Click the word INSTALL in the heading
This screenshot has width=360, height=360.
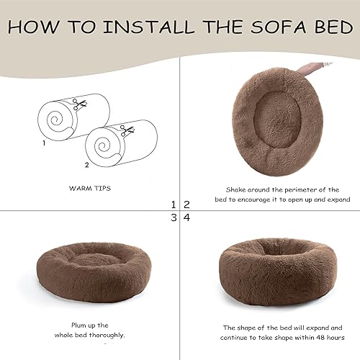coord(148,27)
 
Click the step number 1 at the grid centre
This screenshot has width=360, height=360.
coord(174,204)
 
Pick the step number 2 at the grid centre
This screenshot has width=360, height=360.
coord(186,204)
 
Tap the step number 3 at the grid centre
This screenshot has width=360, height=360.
coord(174,217)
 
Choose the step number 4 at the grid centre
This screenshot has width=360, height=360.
coord(186,217)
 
